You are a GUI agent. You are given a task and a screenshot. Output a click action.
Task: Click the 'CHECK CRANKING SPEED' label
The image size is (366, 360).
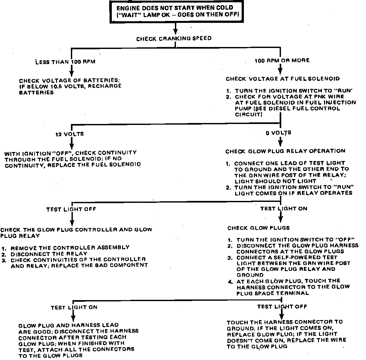click(174, 39)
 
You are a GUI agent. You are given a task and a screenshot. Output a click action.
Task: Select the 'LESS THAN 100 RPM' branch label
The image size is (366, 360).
click(65, 62)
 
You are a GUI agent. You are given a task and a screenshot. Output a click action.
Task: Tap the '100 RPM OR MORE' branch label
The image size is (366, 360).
click(282, 60)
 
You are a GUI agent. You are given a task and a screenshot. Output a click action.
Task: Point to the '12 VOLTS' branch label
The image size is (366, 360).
click(70, 134)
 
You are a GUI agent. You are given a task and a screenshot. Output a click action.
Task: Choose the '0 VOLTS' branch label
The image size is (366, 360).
click(279, 132)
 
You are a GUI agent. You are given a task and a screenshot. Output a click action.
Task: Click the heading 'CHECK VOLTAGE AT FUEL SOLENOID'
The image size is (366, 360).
click(283, 79)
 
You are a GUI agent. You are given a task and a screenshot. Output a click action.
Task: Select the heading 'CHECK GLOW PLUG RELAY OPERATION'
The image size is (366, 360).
click(285, 151)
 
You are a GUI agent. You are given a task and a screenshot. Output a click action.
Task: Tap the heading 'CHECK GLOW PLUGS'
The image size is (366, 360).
click(259, 228)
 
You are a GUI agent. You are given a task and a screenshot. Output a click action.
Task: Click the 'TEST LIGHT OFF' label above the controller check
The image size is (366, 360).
click(71, 209)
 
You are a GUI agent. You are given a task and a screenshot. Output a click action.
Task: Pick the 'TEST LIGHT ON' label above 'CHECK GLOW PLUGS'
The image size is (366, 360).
click(284, 209)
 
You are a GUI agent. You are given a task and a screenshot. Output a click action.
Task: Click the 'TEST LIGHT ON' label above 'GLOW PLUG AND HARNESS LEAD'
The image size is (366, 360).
click(74, 308)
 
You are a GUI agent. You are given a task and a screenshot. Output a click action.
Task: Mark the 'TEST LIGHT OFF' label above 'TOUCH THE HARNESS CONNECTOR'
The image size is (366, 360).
click(282, 307)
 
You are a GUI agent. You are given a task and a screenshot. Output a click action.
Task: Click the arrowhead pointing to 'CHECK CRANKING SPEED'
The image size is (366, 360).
click(175, 32)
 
